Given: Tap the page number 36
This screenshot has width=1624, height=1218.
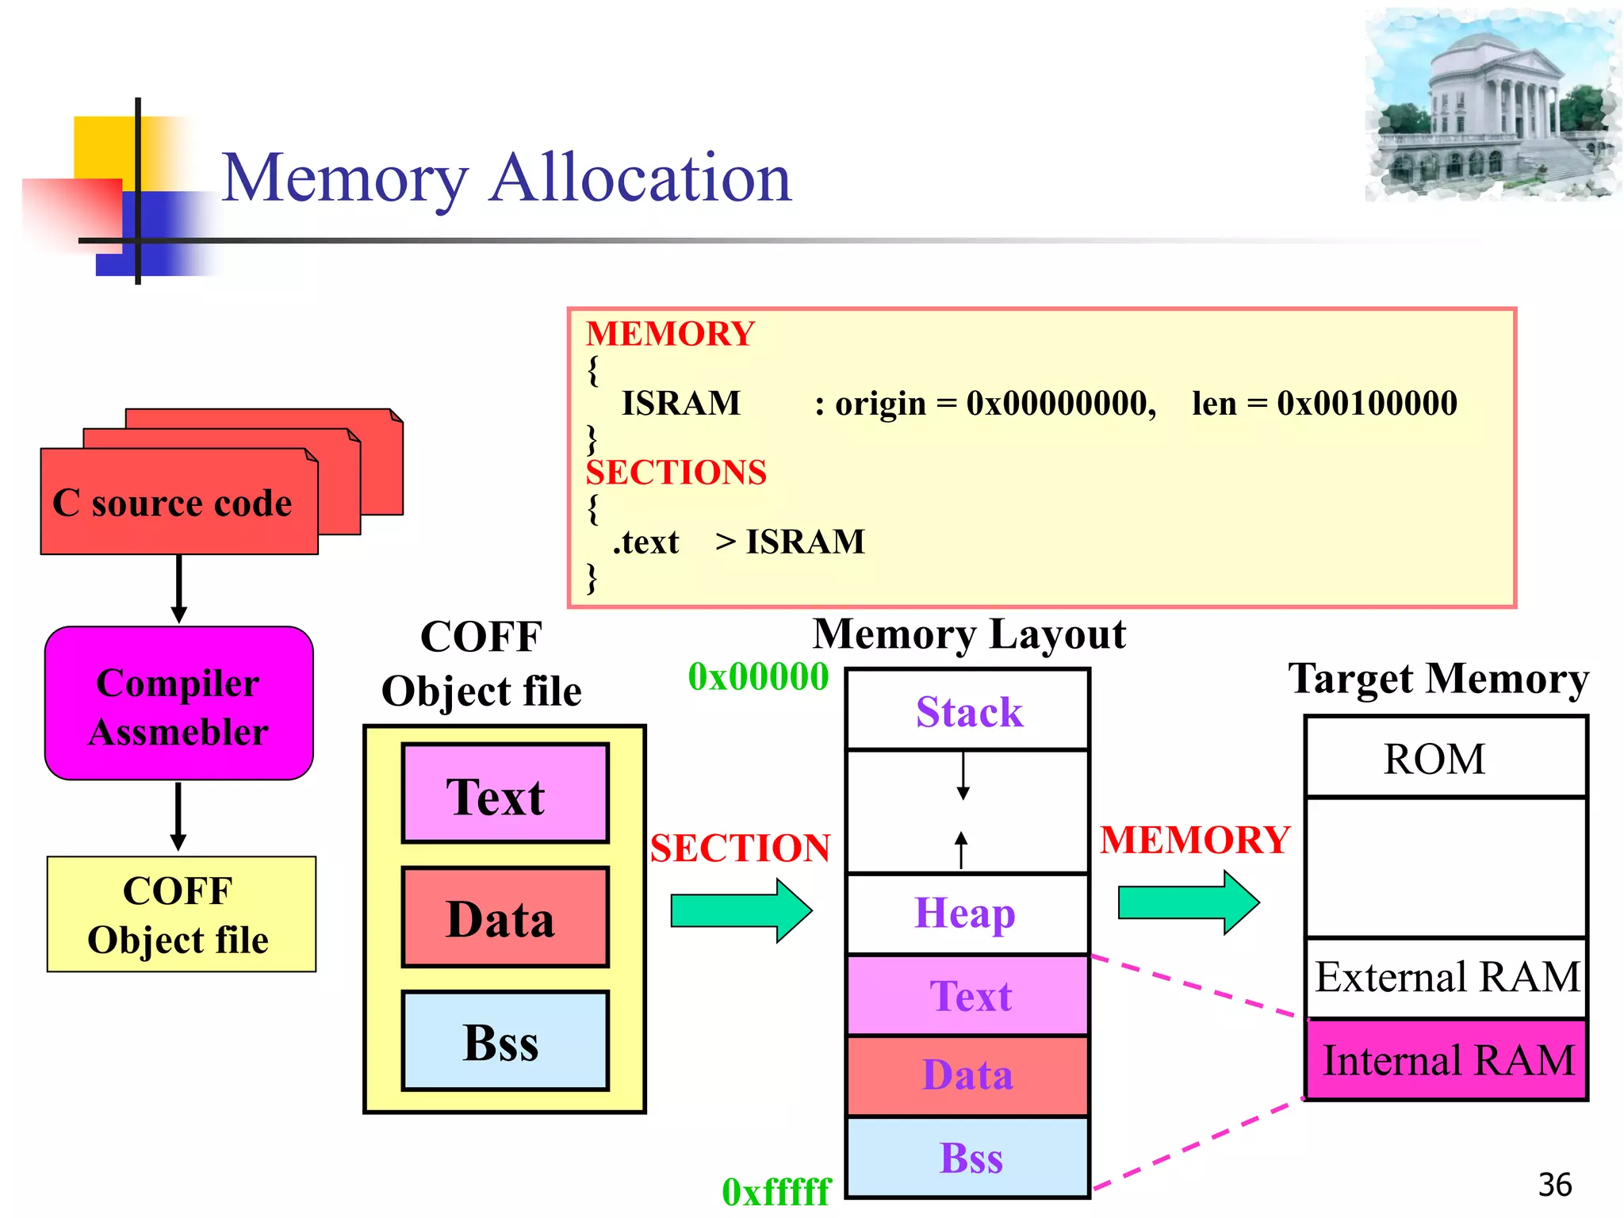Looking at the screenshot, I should tap(1554, 1185).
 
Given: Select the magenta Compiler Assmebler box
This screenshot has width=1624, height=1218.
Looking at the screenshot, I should tap(178, 704).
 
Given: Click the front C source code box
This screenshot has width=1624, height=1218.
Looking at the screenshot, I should tap(173, 503).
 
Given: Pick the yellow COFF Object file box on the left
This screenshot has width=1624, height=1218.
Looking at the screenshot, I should tap(181, 914).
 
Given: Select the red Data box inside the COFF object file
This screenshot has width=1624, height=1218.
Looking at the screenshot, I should tap(505, 917).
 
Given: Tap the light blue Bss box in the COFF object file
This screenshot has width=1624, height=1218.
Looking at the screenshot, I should tap(505, 1041).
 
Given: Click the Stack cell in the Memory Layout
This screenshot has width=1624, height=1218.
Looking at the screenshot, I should tap(968, 710).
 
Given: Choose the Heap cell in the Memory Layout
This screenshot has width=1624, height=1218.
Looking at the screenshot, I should tap(967, 913).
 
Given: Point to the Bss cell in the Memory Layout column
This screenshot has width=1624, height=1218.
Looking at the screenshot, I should tap(968, 1158).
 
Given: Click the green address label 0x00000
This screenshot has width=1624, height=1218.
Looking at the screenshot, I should tap(758, 676).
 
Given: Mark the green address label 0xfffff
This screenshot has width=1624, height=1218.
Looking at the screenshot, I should tap(776, 1191).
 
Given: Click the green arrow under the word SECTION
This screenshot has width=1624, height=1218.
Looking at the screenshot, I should tap(741, 910).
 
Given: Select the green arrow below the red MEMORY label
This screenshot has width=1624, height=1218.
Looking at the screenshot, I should tap(1188, 902).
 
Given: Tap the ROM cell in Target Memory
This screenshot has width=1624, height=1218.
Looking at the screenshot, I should tap(1445, 758).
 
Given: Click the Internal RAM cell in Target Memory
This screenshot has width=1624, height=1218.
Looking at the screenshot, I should tap(1446, 1060).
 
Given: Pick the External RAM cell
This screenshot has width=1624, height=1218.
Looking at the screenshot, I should tap(1446, 977).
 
